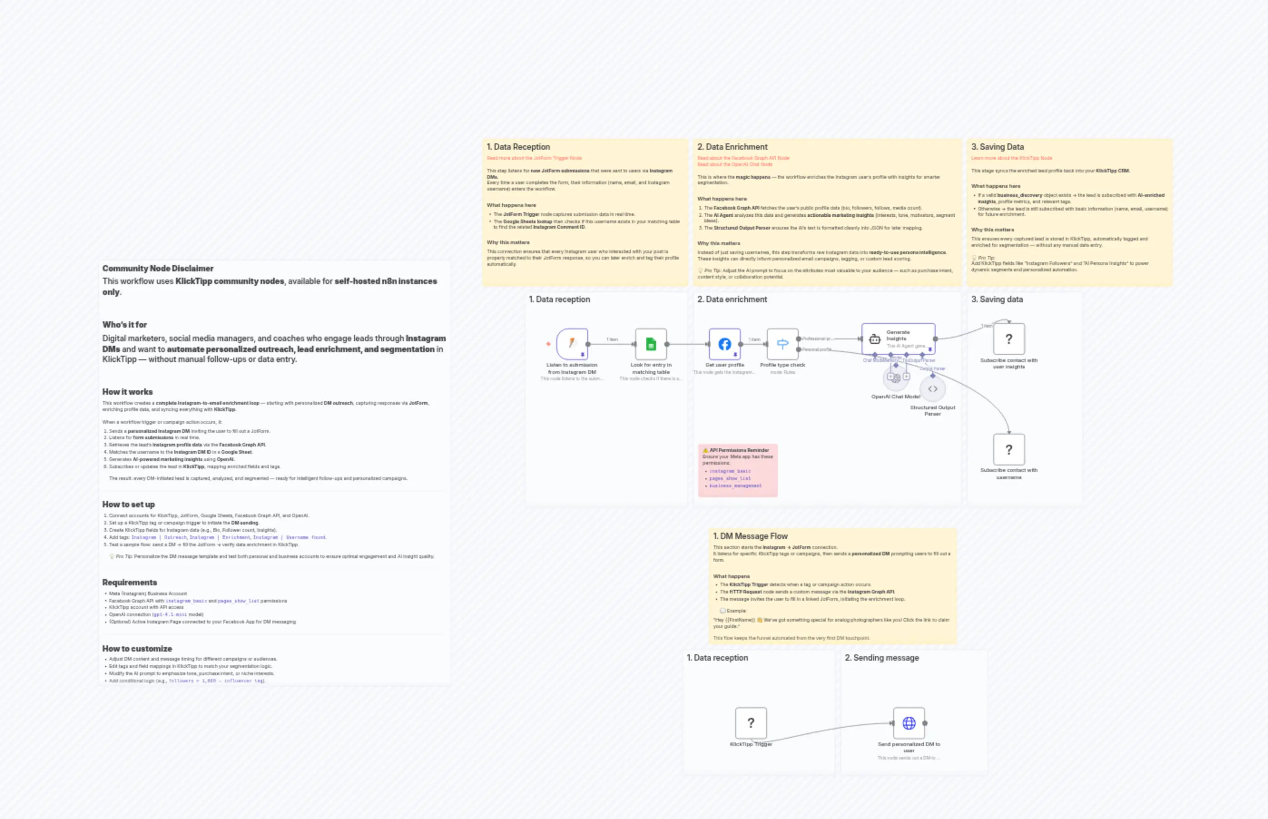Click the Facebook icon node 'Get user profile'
[x=724, y=344]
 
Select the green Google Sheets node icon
[x=650, y=344]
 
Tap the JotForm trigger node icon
[x=572, y=343]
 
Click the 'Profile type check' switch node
[x=782, y=344]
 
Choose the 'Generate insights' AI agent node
[x=898, y=339]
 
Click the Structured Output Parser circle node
[x=932, y=389]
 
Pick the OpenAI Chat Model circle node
[x=896, y=378]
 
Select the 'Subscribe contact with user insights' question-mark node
[x=1008, y=339]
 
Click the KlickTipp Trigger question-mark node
[x=751, y=723]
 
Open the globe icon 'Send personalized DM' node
[x=909, y=723]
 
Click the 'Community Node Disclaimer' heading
[x=158, y=269]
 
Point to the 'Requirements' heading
[x=130, y=582]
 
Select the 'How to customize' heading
[x=137, y=649]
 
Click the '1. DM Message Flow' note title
[x=750, y=536]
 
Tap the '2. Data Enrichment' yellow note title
[x=732, y=147]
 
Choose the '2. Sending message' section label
[x=882, y=658]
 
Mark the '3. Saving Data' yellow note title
[x=997, y=147]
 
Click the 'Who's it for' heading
[x=124, y=324]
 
